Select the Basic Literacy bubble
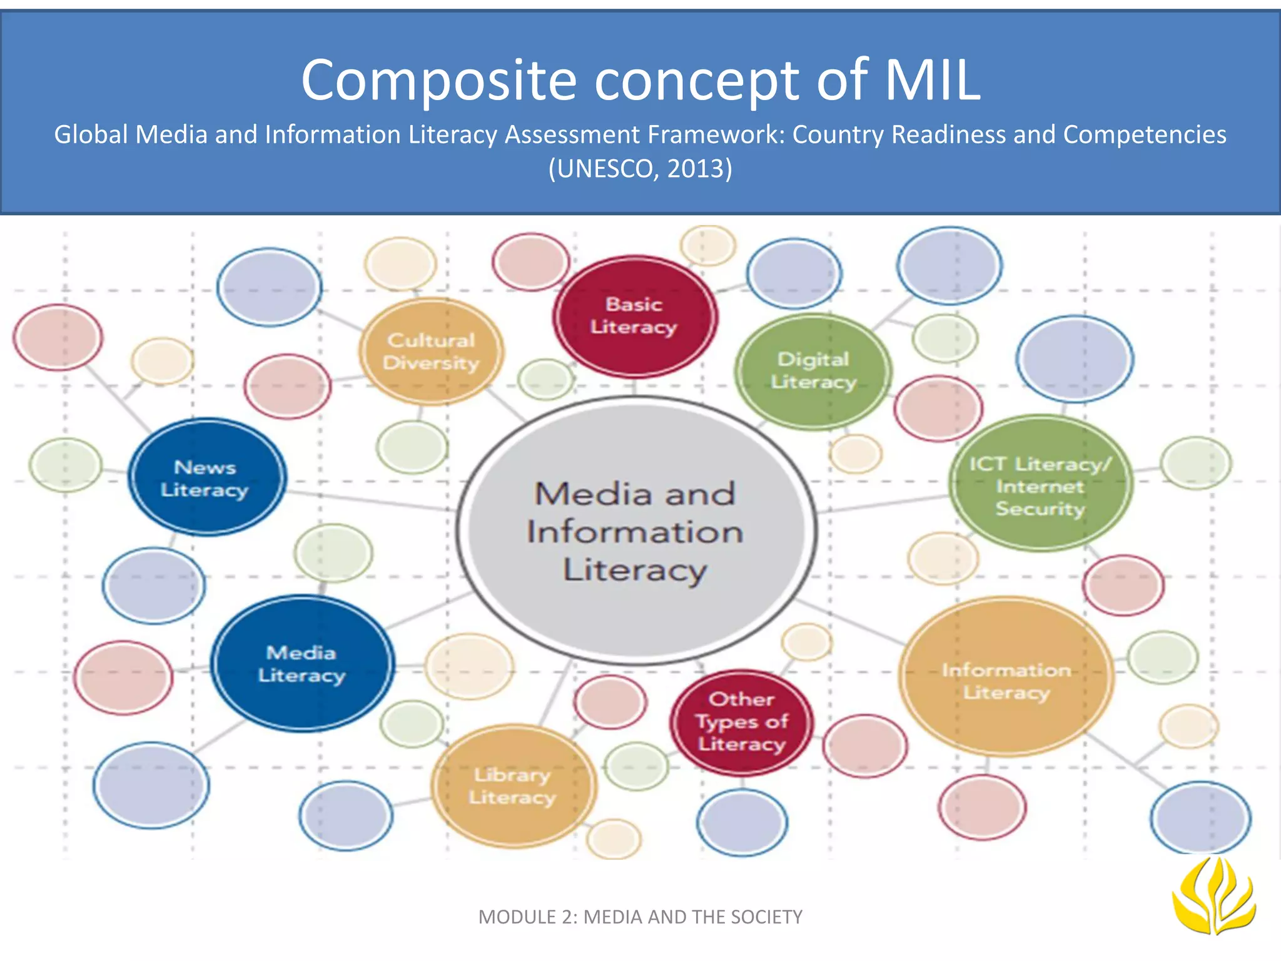coord(634,316)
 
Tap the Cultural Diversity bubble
coord(431,351)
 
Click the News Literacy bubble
coord(206,478)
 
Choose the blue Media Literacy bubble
coord(302,663)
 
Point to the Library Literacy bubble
coord(513,786)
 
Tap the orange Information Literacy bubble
coord(1006,681)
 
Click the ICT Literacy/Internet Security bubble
coord(1040,485)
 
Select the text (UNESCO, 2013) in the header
coord(640,169)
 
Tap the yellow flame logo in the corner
coord(1213,896)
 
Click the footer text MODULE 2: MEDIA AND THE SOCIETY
coord(640,917)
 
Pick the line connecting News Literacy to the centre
coord(369,501)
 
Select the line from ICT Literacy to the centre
coord(882,504)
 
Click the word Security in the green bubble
coord(1040,509)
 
